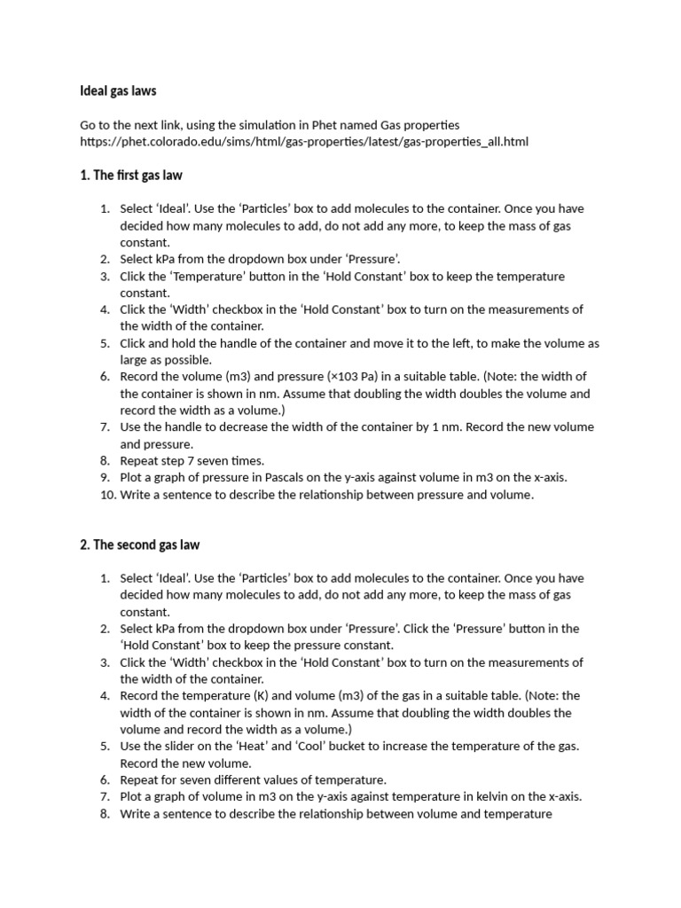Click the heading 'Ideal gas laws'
coord(118,90)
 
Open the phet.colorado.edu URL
coord(303,142)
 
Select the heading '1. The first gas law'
coord(131,176)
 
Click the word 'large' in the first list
coord(136,360)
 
